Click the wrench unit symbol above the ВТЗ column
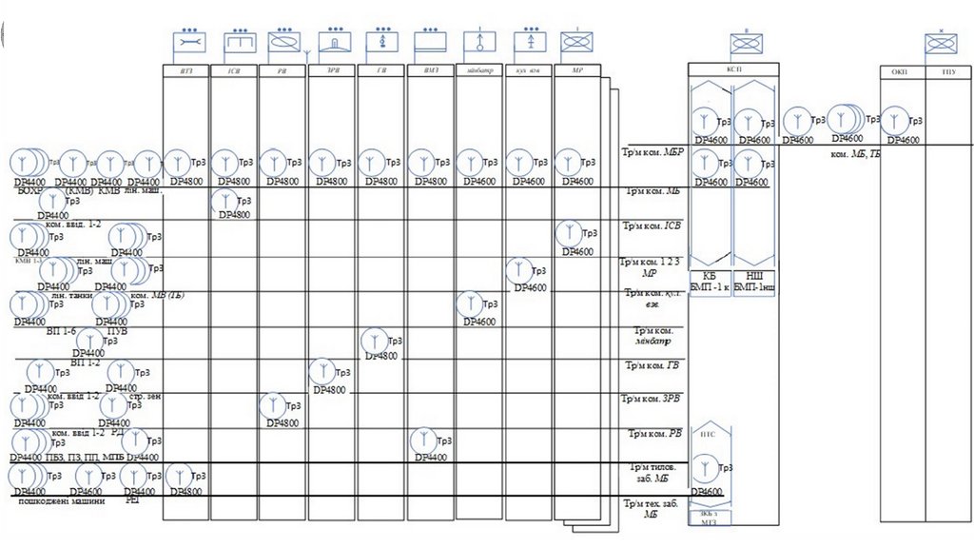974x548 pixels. pos(187,43)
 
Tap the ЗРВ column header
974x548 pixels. pos(333,70)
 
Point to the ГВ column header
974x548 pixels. pos(381,70)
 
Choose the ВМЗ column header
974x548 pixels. pos(430,70)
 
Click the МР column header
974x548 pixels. pos(577,70)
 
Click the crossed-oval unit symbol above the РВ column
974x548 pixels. pos(284,43)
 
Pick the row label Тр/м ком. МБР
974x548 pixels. pos(652,152)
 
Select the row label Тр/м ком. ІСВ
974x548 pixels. pos(652,226)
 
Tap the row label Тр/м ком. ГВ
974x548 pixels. pos(652,365)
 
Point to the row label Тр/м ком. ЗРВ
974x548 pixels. pos(652,399)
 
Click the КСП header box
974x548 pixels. pos(733,69)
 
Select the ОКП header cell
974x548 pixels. pos(899,70)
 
